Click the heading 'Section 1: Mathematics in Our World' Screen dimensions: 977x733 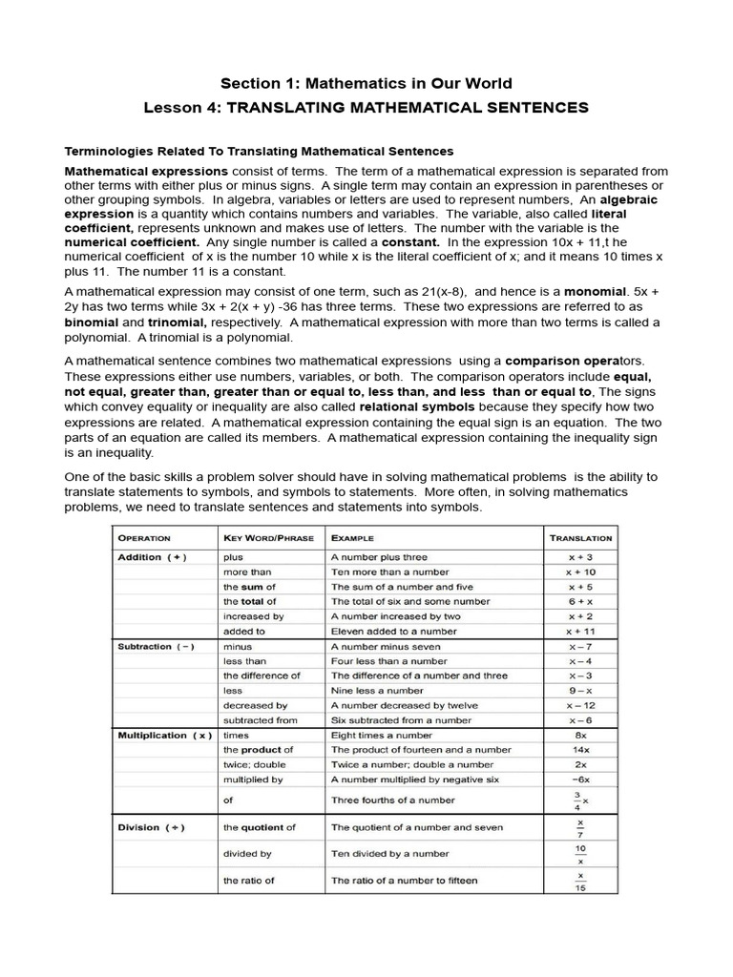(366, 83)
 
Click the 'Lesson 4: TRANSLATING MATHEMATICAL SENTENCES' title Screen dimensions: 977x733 (366, 108)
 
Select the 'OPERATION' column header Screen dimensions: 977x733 (144, 538)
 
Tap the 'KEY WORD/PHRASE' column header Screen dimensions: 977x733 (268, 538)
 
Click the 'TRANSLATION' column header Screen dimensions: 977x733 (580, 538)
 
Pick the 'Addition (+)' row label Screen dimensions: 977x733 (153, 557)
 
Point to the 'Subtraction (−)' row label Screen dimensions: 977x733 (156, 646)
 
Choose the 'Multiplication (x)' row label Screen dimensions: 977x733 (163, 736)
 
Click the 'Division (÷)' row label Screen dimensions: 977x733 (151, 827)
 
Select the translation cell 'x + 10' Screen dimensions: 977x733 (580, 572)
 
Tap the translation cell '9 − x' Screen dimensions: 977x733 (580, 691)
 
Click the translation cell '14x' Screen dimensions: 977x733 (580, 750)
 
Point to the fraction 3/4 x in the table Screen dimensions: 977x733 (580, 800)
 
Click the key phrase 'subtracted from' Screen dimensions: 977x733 (261, 720)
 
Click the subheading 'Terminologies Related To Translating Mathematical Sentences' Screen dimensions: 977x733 (259, 151)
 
